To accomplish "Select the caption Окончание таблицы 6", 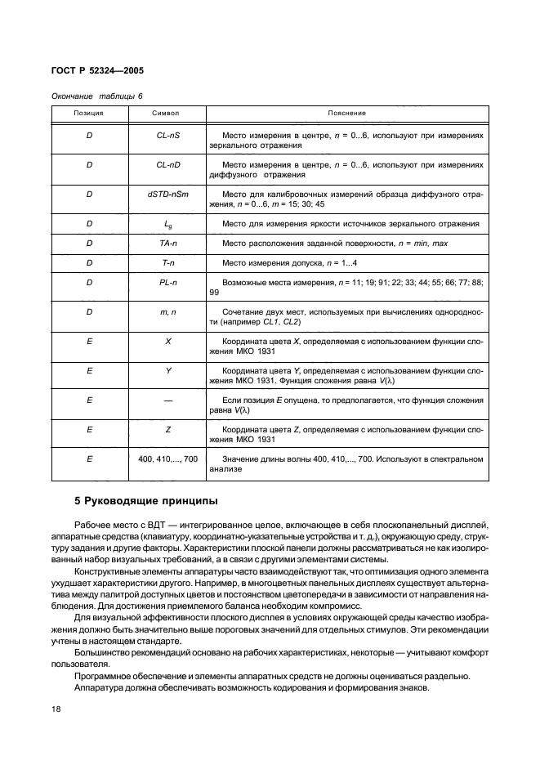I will pos(96,96).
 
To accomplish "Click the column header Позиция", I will pos(88,112).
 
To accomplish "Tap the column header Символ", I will pos(166,112).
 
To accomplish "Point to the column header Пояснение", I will pos(346,112).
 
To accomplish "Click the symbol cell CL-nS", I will pos(168,135).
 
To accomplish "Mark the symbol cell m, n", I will pos(168,311).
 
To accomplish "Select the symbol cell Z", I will pos(168,429).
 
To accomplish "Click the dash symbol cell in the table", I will pos(168,400).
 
